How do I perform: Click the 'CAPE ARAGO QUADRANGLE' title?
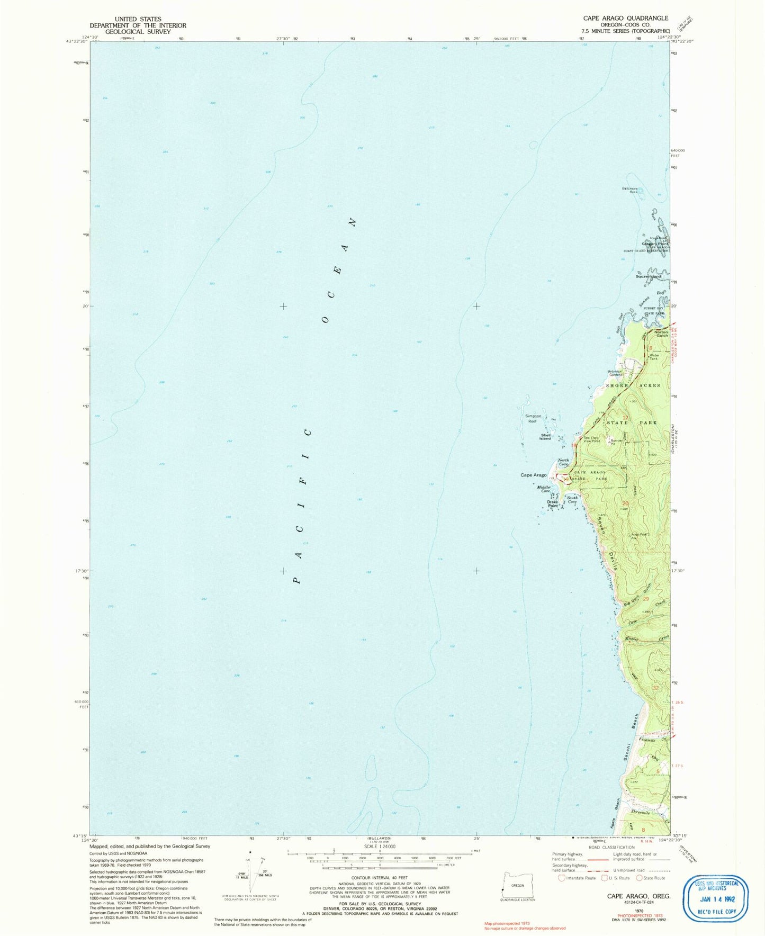tap(625, 18)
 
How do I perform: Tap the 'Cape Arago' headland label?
tap(533, 475)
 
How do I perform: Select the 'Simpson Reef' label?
tap(533, 419)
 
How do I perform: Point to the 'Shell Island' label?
tap(545, 437)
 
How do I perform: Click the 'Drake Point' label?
tap(553, 504)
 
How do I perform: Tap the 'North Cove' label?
tap(563, 462)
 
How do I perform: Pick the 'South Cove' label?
tap(572, 499)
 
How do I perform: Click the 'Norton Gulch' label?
tap(661, 334)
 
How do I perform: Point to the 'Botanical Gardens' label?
tap(616, 373)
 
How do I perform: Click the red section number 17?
tap(625, 418)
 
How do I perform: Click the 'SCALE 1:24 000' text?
tap(379, 846)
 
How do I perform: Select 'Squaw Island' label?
tap(648, 276)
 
